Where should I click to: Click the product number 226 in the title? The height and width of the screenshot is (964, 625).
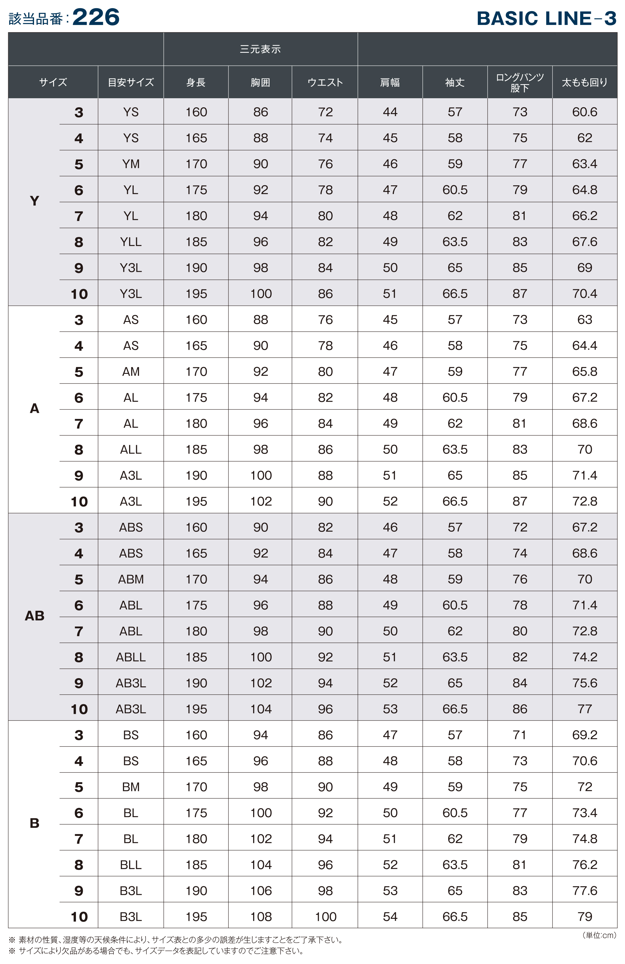coord(96,17)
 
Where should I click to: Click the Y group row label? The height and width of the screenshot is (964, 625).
coord(34,201)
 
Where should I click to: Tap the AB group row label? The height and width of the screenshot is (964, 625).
coord(34,616)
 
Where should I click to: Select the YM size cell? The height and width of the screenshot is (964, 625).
coord(131,164)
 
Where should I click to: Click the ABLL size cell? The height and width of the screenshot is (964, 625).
coord(131,657)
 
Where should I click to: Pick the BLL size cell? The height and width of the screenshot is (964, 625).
coord(131,865)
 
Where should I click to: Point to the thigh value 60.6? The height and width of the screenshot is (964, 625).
coord(585,112)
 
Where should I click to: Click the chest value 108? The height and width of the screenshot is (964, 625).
coord(260,917)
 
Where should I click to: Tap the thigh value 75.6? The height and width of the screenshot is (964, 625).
coord(585,683)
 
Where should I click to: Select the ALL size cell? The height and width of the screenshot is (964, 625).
coord(131,449)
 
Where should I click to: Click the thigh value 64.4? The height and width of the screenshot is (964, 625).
coord(585,345)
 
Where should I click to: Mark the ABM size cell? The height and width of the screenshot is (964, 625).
coord(131,579)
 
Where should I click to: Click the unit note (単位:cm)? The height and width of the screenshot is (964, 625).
coord(599,935)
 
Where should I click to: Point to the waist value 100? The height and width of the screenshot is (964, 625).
coord(325,917)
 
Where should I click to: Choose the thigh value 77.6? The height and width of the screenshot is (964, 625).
coord(585,891)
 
